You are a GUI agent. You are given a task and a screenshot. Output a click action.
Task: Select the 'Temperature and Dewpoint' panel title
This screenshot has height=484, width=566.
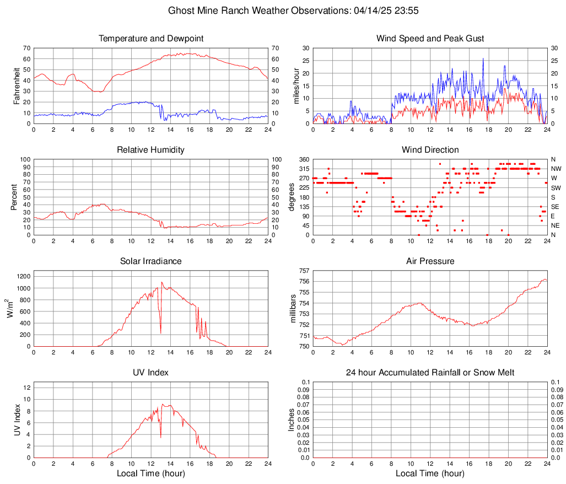[x=151, y=39]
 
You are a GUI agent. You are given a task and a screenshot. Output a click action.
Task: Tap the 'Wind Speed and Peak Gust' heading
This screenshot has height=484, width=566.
[x=430, y=39]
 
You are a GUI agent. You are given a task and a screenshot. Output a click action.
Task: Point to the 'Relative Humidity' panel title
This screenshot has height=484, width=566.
[x=151, y=150]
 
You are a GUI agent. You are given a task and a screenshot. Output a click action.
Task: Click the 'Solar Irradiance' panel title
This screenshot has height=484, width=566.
[x=151, y=261]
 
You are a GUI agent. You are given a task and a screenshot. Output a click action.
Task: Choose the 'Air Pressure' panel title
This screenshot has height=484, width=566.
[x=430, y=261]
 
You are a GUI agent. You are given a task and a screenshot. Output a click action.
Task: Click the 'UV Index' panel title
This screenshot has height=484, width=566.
[x=151, y=373]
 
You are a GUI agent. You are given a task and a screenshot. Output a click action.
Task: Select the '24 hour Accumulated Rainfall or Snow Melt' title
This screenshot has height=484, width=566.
[x=430, y=373]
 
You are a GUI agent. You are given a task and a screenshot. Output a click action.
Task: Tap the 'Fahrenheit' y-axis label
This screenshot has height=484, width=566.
[x=17, y=85]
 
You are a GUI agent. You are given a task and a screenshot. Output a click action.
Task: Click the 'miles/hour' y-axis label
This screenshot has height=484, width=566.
[x=296, y=85]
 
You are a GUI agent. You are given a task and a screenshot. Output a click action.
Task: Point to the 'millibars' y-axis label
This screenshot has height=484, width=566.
[x=293, y=309]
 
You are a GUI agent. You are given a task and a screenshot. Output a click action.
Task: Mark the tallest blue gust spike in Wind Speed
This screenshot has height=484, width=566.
[x=483, y=59]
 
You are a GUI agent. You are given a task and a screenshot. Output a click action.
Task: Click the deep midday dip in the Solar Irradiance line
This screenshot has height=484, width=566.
[x=160, y=332]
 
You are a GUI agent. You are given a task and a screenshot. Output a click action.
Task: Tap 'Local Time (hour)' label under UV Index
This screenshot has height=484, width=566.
[x=151, y=474]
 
